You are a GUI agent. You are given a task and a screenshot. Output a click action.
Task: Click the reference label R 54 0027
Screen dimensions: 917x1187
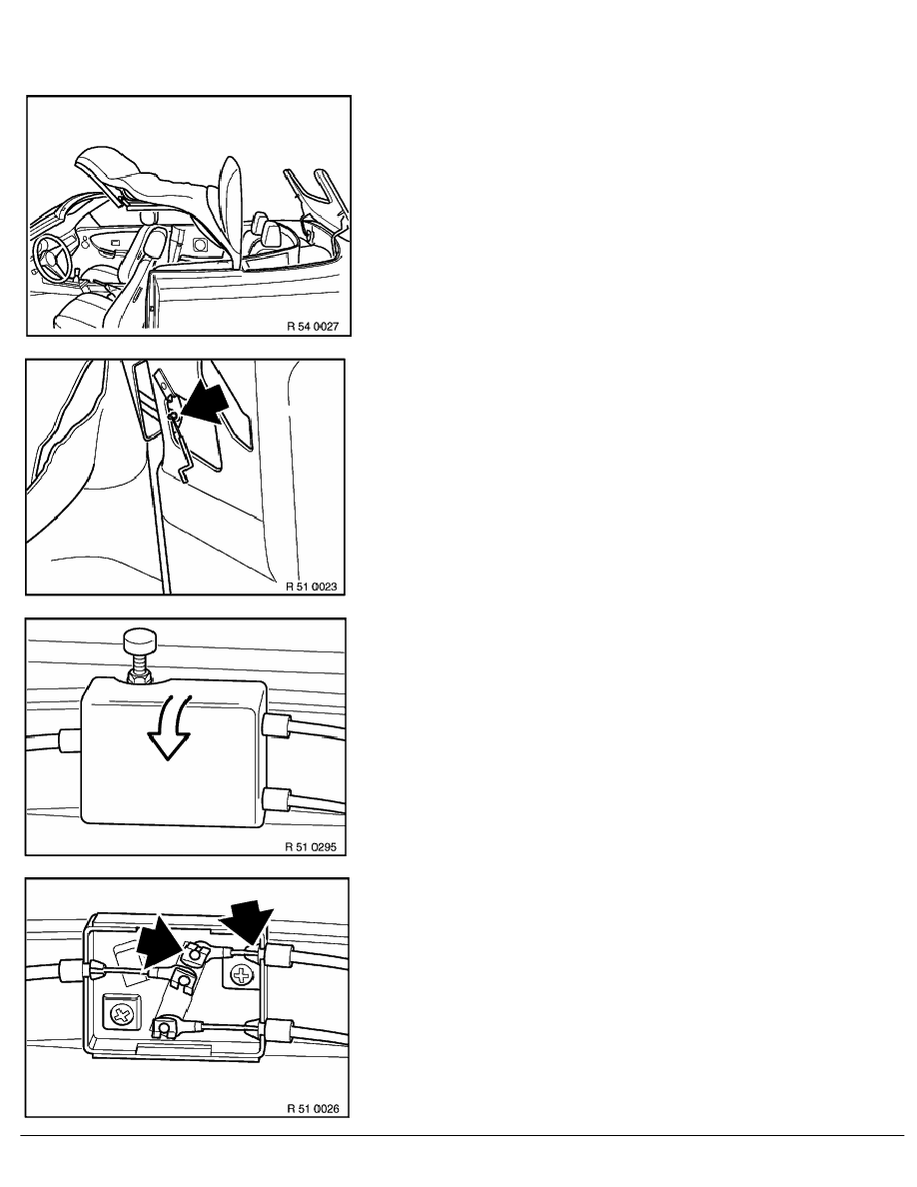tap(313, 327)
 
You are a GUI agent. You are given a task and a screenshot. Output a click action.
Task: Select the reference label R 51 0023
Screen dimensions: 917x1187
tap(311, 586)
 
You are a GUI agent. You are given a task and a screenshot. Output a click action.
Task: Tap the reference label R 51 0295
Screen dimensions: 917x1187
tap(311, 846)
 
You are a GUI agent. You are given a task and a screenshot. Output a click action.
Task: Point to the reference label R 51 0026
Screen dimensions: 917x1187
tap(313, 1108)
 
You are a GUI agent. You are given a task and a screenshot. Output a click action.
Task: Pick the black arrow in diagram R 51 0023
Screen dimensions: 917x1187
tap(207, 404)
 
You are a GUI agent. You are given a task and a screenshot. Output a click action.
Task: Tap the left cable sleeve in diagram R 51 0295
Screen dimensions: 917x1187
tap(70, 738)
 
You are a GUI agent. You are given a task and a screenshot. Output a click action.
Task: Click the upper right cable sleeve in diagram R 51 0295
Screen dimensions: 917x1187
tap(276, 727)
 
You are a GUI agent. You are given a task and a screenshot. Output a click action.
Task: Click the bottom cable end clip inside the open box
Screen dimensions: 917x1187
tap(165, 1028)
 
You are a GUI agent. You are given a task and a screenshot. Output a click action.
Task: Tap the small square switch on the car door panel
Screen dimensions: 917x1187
tap(200, 245)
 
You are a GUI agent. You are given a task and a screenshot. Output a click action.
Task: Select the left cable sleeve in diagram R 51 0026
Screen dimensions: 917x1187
tap(72, 969)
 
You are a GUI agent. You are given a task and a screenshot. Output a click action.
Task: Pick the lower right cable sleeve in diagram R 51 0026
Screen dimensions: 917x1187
tap(278, 1029)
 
